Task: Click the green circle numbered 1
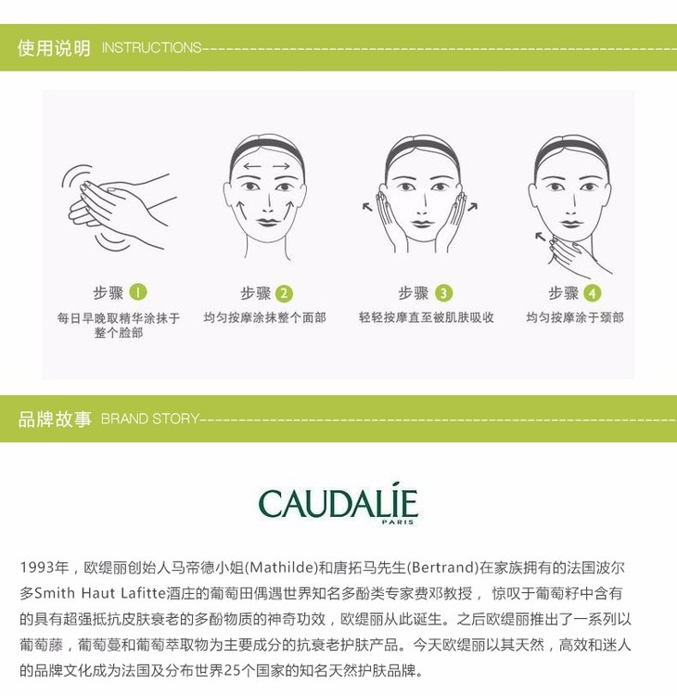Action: pyautogui.click(x=138, y=292)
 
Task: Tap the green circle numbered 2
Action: pyautogui.click(x=284, y=293)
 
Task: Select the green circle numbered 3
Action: pyautogui.click(x=443, y=293)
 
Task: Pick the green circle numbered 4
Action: pyautogui.click(x=593, y=293)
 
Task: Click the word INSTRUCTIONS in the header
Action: pyautogui.click(x=152, y=47)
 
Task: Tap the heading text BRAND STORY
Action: pyautogui.click(x=150, y=419)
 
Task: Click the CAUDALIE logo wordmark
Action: pyautogui.click(x=338, y=503)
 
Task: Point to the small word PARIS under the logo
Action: pyautogui.click(x=398, y=522)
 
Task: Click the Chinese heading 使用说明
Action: pyautogui.click(x=54, y=48)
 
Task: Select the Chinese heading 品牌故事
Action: pyautogui.click(x=55, y=419)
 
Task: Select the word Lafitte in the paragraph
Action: pyautogui.click(x=144, y=593)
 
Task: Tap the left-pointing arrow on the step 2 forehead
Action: pyautogui.click(x=252, y=167)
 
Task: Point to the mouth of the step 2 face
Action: pyautogui.click(x=267, y=222)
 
